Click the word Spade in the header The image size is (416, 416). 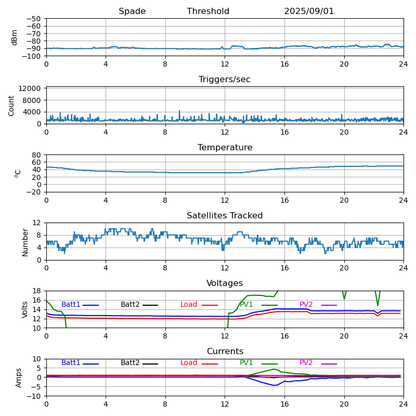132,11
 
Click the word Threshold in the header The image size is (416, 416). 208,11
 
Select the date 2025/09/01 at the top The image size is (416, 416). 309,11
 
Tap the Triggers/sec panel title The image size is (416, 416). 225,80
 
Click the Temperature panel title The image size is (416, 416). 225,148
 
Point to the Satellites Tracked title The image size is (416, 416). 225,216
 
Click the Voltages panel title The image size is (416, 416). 225,283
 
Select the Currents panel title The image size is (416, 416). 225,352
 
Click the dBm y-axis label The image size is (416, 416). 15,37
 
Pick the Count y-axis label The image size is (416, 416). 11,105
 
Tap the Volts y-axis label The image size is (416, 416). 25,309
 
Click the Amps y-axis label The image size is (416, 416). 19,378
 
